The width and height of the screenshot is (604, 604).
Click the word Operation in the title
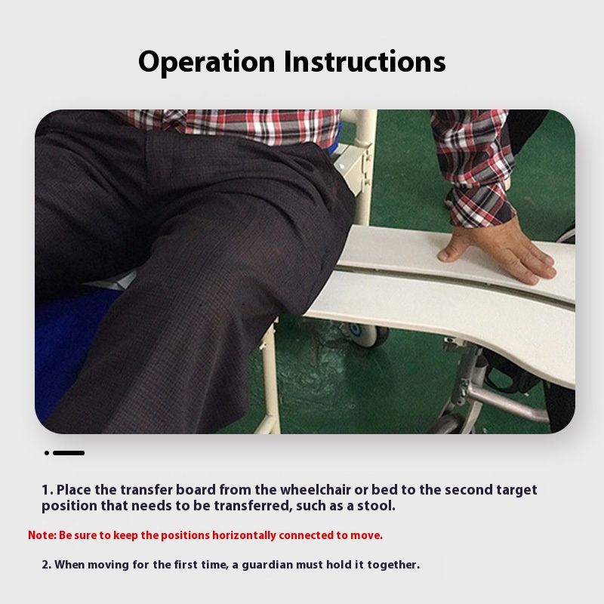coord(206,62)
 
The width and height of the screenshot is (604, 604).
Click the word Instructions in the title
coord(365,61)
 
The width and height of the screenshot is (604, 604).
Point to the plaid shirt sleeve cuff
coord(483,205)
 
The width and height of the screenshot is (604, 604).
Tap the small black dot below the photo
coord(47,453)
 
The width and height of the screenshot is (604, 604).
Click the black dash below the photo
coord(69,453)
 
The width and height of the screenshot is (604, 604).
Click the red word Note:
coord(42,535)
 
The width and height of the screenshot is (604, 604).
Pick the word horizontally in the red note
coord(244,536)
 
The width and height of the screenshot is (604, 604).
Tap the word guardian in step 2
coord(262,565)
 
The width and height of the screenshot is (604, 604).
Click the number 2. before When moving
coord(46,565)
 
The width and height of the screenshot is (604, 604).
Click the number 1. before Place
coord(48,490)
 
